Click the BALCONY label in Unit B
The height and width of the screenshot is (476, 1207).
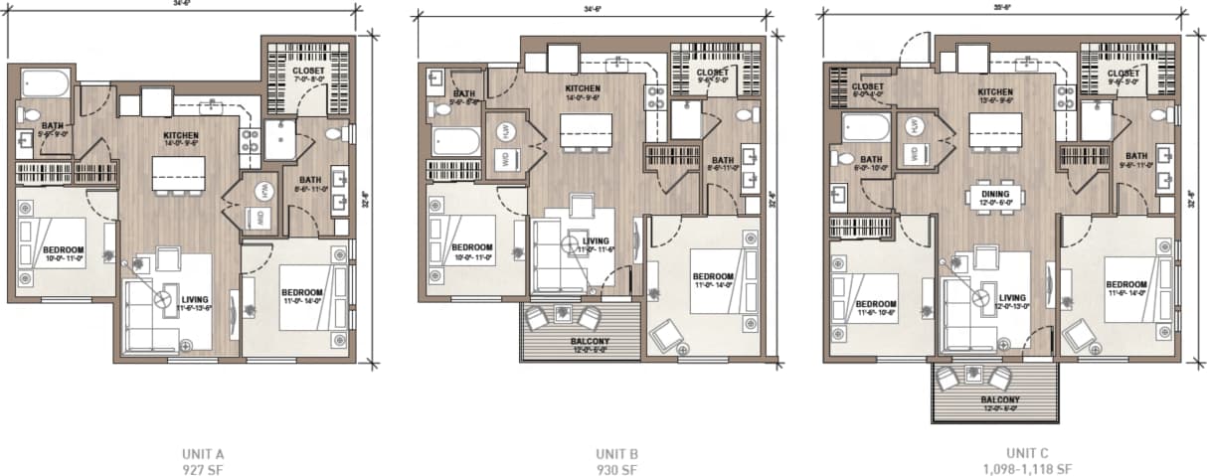click(x=590, y=342)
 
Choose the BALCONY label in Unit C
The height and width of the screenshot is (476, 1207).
click(x=996, y=399)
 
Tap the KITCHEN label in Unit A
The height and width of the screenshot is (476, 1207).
click(x=182, y=135)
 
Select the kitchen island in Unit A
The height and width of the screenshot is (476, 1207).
click(x=171, y=174)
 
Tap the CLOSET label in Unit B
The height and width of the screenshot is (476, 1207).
click(x=712, y=73)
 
